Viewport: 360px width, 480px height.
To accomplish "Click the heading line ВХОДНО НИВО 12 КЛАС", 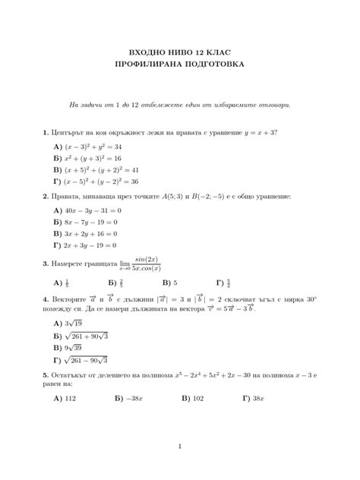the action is coord(179,52).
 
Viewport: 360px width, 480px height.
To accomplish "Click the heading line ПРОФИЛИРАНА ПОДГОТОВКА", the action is coord(179,65).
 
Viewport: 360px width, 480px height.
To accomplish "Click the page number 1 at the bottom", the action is coord(180,446).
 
